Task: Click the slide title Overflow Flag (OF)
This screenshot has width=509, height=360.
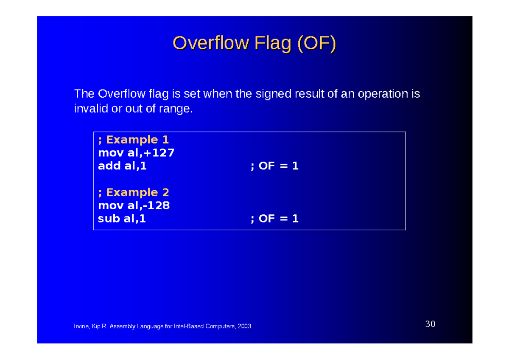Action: coord(254,43)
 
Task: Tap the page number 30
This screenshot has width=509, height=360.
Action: coord(430,324)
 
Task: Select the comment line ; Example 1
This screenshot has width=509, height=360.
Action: coord(134,140)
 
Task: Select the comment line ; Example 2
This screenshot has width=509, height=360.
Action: coord(134,192)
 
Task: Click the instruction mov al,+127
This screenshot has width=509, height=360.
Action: coord(136,153)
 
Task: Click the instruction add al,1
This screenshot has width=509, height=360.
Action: coord(122,166)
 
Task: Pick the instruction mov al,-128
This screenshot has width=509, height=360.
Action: coord(134,205)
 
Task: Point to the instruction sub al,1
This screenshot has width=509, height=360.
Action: coord(122,219)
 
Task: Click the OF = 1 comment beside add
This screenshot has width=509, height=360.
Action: coord(275,166)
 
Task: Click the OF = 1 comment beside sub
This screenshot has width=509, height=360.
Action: coord(275,219)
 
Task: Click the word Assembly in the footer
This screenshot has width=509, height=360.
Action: coord(121,326)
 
